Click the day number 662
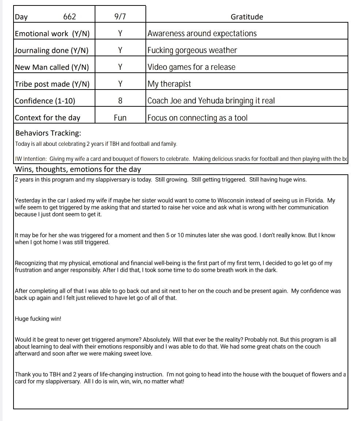(69, 17)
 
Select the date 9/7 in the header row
(120, 17)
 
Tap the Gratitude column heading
(247, 17)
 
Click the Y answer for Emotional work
(120, 34)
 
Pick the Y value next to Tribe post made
(120, 84)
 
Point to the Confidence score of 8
(120, 101)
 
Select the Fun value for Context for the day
(120, 118)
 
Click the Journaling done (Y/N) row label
(52, 50)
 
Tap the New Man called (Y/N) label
(52, 67)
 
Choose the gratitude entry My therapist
(169, 84)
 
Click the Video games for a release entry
(192, 67)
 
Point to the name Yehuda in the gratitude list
(213, 101)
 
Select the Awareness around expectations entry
(202, 34)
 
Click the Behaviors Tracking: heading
(48, 133)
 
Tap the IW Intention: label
(31, 159)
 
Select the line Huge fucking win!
(38, 319)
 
